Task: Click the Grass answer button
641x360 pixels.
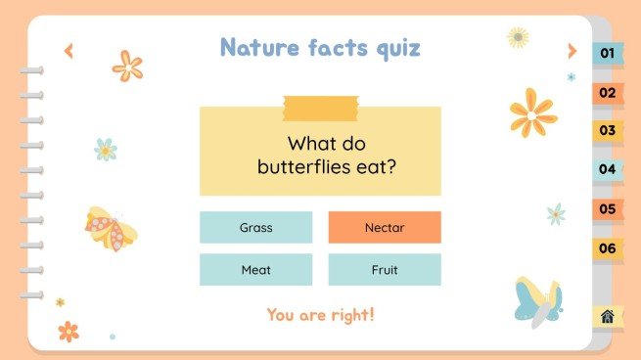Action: coord(255,228)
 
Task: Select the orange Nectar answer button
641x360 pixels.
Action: coord(385,228)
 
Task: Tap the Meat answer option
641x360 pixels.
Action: coord(255,270)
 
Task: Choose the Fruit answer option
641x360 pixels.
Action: coord(385,270)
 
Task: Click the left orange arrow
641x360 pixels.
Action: coord(69,51)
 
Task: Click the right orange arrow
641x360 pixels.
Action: coord(572,51)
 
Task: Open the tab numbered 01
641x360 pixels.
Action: coord(608,53)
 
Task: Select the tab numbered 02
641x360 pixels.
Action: coord(608,93)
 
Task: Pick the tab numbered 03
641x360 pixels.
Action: coord(608,130)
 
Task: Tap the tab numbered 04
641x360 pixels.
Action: coord(608,169)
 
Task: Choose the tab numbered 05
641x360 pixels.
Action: coord(608,208)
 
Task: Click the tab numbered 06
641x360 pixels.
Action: coord(608,248)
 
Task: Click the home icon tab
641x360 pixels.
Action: coord(608,316)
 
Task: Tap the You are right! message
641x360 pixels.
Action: coord(321,315)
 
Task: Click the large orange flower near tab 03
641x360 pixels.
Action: coord(532,112)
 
